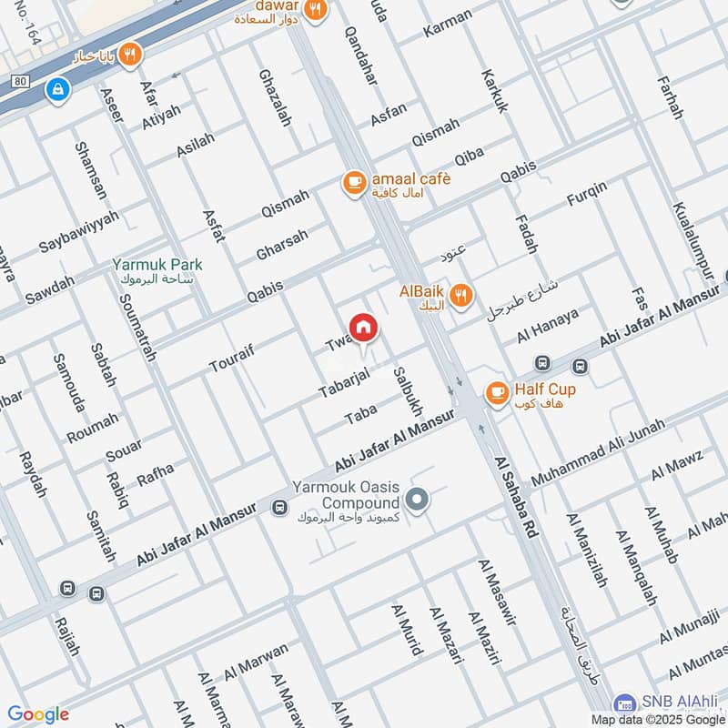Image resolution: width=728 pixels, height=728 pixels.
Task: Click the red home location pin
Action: pyautogui.click(x=362, y=327)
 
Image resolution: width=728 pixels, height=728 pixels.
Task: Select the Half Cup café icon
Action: pyautogui.click(x=497, y=392)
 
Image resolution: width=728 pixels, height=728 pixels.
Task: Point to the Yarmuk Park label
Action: pyautogui.click(x=157, y=265)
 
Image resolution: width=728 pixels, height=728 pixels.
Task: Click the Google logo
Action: pyautogui.click(x=38, y=714)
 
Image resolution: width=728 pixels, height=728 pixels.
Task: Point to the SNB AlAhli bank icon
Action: pyautogui.click(x=624, y=703)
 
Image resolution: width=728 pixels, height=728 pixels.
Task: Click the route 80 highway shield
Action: pyautogui.click(x=20, y=81)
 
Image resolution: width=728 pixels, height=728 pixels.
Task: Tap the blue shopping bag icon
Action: pyautogui.click(x=58, y=89)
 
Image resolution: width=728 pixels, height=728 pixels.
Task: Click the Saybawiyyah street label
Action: pyautogui.click(x=79, y=233)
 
